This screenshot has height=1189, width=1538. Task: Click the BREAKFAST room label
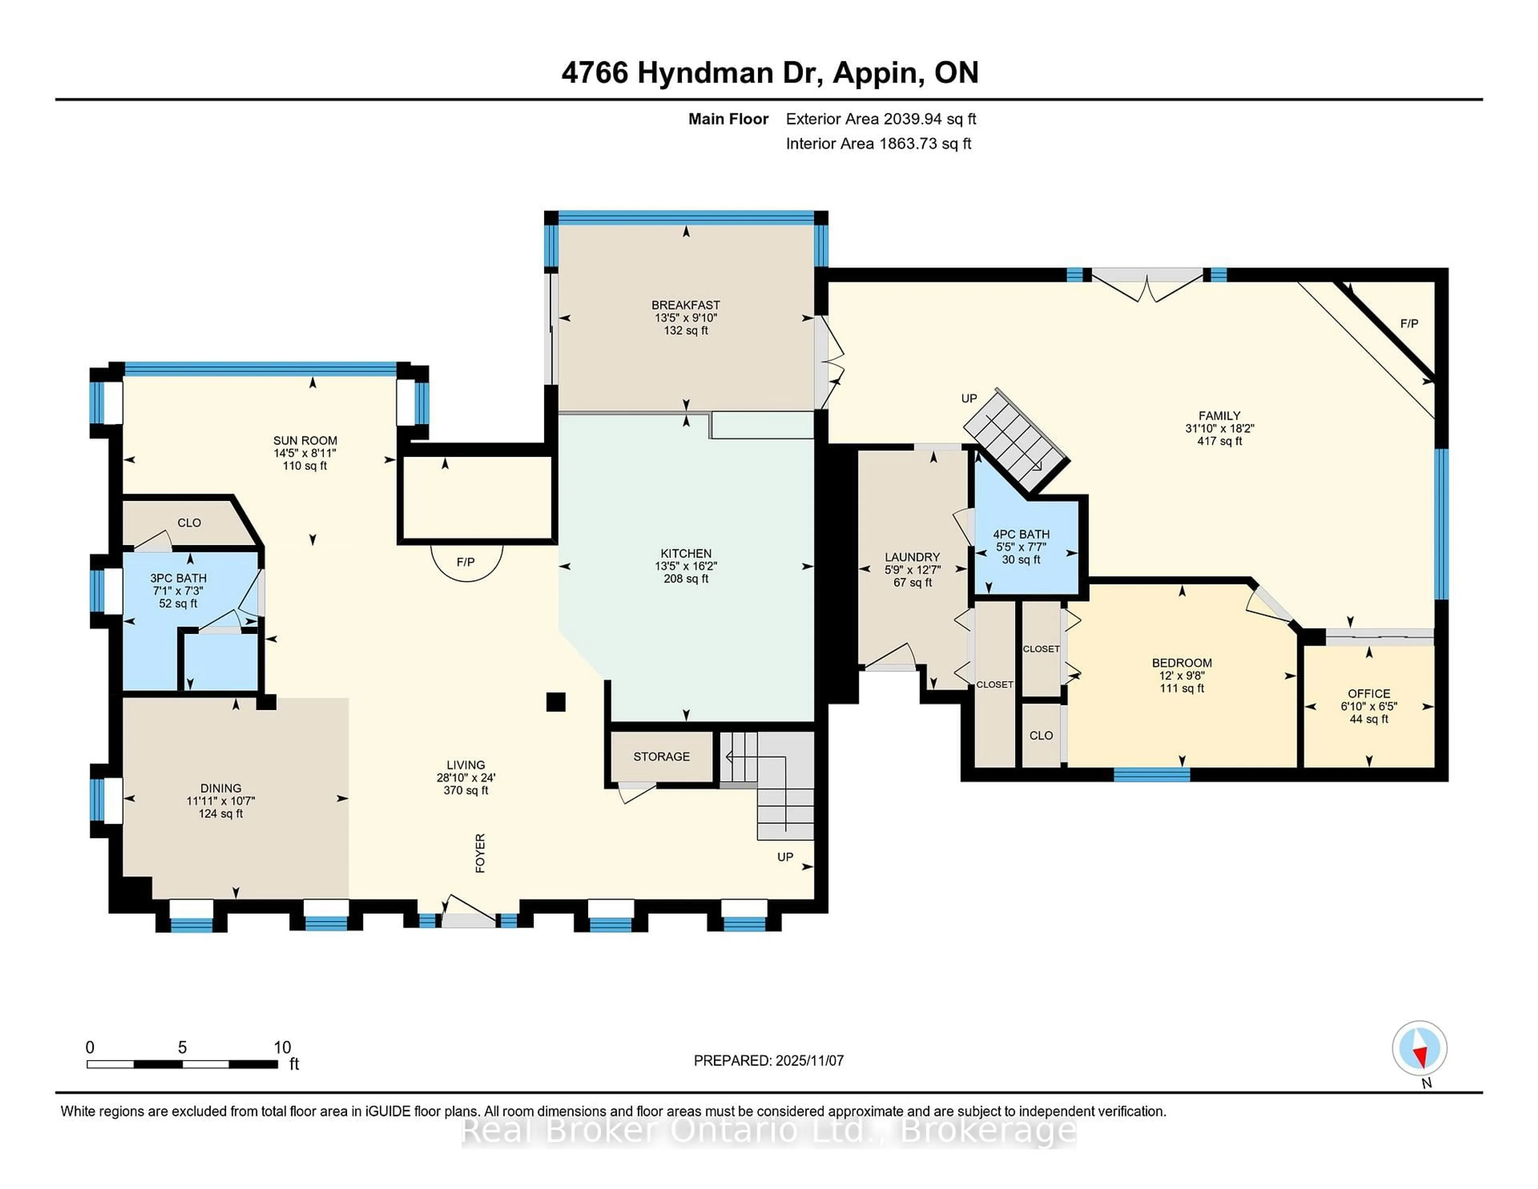[685, 305]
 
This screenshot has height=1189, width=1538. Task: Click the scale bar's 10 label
[282, 1048]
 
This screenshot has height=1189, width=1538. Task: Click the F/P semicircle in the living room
[466, 564]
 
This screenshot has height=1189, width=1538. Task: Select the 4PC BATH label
[1021, 534]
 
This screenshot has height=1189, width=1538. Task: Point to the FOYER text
[480, 853]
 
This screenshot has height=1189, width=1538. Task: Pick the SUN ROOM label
[305, 440]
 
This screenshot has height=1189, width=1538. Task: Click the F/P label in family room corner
[1408, 323]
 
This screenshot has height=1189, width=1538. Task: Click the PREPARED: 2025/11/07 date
[768, 1060]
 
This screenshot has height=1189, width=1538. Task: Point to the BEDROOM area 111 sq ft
[1182, 688]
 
